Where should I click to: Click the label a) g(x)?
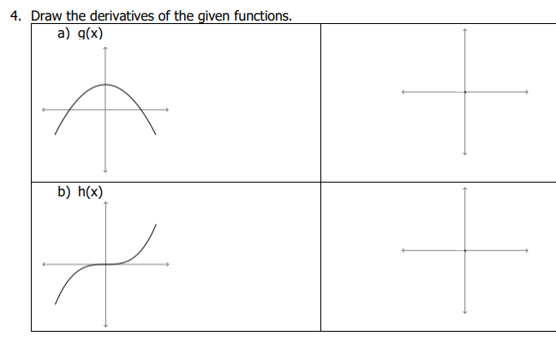(x=81, y=34)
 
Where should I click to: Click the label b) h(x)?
(x=81, y=193)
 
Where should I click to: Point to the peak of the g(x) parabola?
(x=106, y=84)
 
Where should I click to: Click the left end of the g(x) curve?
(x=56, y=135)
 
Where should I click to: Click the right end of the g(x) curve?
(x=156, y=135)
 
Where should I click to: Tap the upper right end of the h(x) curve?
(x=156, y=225)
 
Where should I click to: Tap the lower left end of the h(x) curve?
(x=56, y=303)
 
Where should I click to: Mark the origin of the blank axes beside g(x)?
(x=464, y=92)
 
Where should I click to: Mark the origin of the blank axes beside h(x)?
(x=464, y=250)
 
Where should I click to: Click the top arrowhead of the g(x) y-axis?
(x=105, y=48)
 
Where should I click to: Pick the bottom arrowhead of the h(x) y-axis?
(x=106, y=326)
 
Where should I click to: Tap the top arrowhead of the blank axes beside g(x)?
(x=464, y=31)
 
